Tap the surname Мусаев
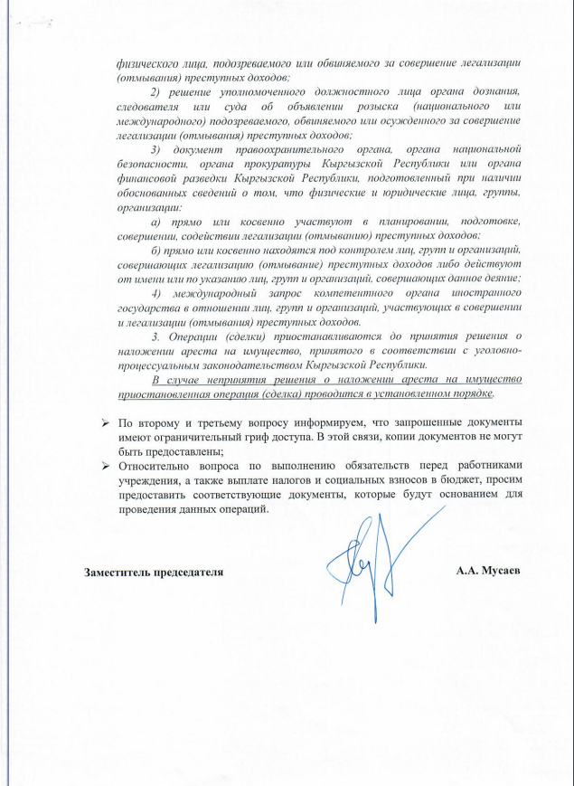click(503, 572)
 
